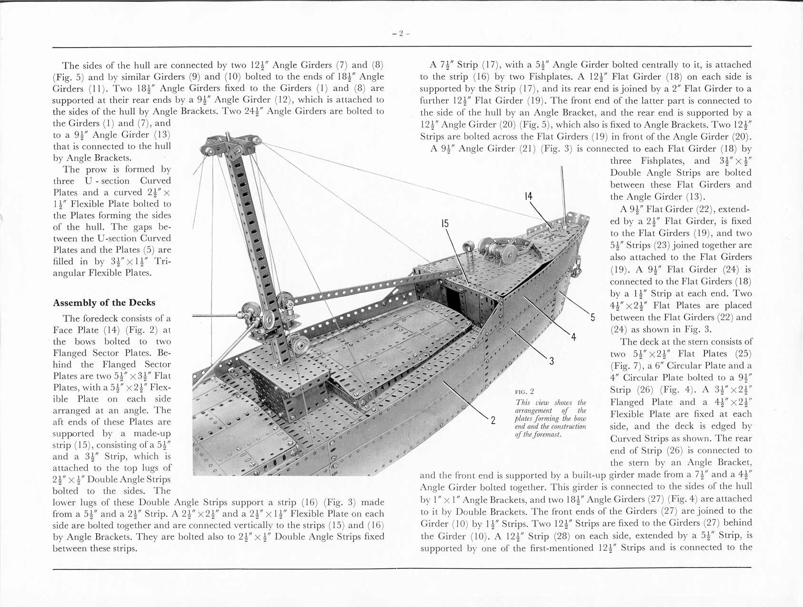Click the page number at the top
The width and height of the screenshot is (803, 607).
point(401,33)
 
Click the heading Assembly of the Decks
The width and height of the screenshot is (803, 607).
point(104,303)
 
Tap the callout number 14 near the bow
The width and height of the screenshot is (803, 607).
point(528,197)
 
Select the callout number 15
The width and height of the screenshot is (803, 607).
point(445,224)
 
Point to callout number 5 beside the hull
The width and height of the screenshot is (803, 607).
point(592,318)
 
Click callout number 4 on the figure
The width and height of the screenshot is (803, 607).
point(573,337)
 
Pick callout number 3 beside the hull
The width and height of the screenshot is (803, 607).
point(551,361)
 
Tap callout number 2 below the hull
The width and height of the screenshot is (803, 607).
point(493,420)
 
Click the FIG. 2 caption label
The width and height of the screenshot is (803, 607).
point(524,392)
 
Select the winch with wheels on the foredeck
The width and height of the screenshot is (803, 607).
point(495,250)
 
